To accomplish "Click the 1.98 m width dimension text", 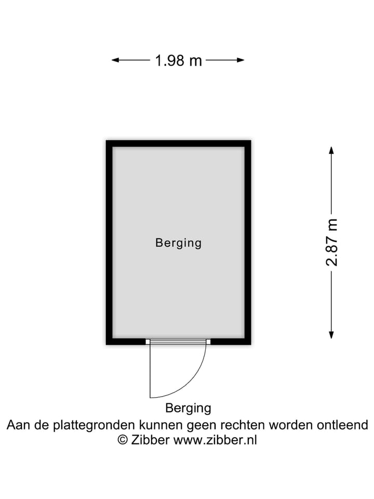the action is click(178, 60).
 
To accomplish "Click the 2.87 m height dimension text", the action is click(331, 243).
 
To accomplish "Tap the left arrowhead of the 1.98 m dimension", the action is click(115, 60).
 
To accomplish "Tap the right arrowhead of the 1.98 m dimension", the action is click(241, 60).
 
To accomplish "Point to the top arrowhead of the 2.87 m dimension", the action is click(331, 150).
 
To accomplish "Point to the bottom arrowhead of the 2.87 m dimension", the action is click(331, 335).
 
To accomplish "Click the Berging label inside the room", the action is click(178, 243).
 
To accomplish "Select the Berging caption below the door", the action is click(188, 408).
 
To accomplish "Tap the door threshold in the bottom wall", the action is click(178, 342).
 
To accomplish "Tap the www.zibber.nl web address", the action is click(215, 440).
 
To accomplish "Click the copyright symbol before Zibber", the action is click(123, 440).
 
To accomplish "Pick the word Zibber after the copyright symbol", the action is click(150, 440).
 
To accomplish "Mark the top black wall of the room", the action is click(178, 143).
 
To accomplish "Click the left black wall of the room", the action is click(110, 243).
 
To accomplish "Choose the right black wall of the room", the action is click(248, 243).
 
